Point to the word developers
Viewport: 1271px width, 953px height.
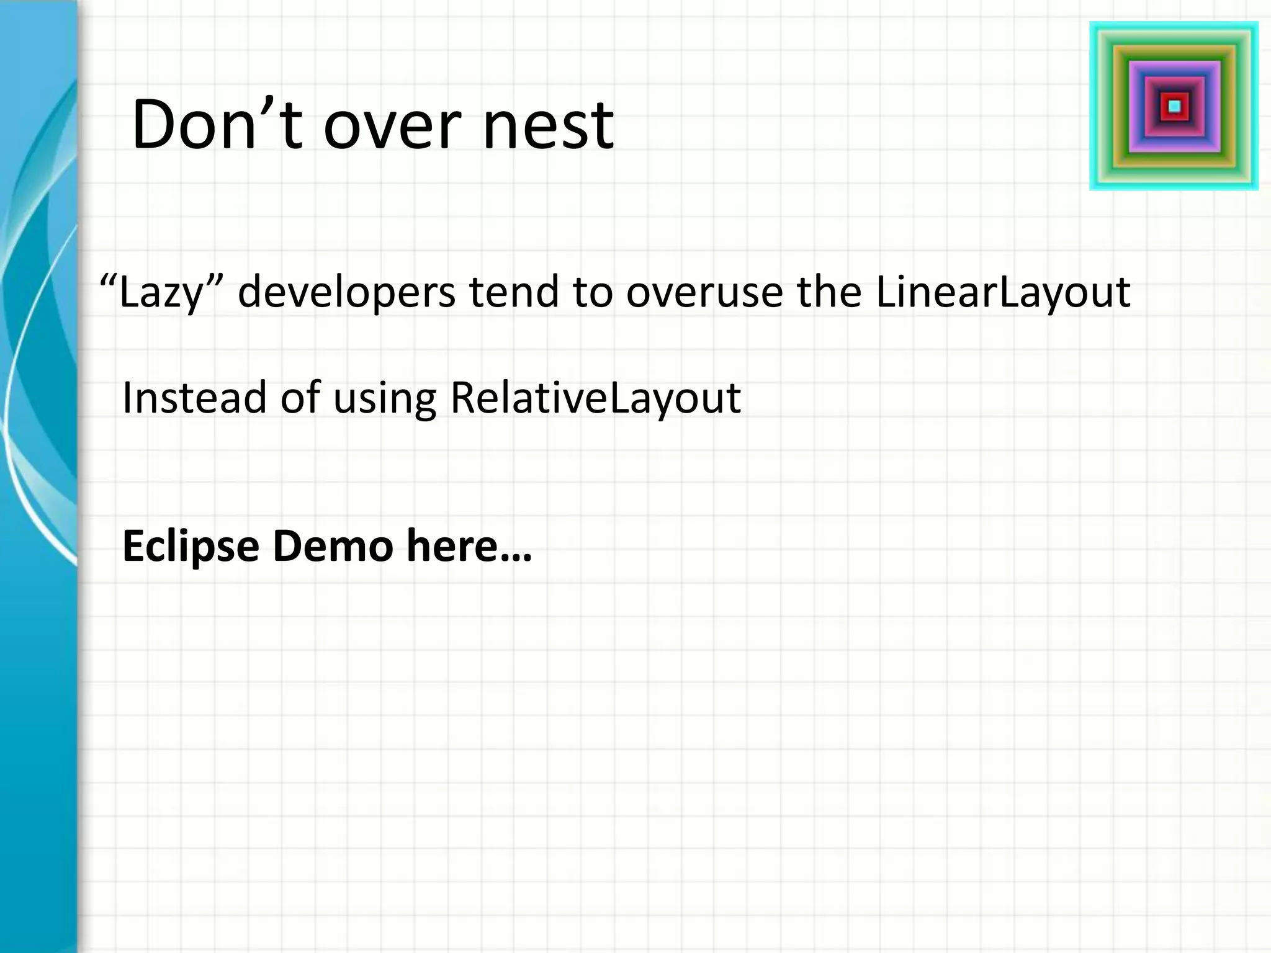[x=347, y=292]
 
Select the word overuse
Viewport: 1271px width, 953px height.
[x=704, y=292]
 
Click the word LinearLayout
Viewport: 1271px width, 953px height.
[x=1003, y=292]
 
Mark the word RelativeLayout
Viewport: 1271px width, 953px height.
[x=595, y=398]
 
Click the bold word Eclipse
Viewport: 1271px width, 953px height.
[x=191, y=547]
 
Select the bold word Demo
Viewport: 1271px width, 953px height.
[x=333, y=545]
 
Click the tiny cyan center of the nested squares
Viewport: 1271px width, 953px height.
[x=1174, y=106]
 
